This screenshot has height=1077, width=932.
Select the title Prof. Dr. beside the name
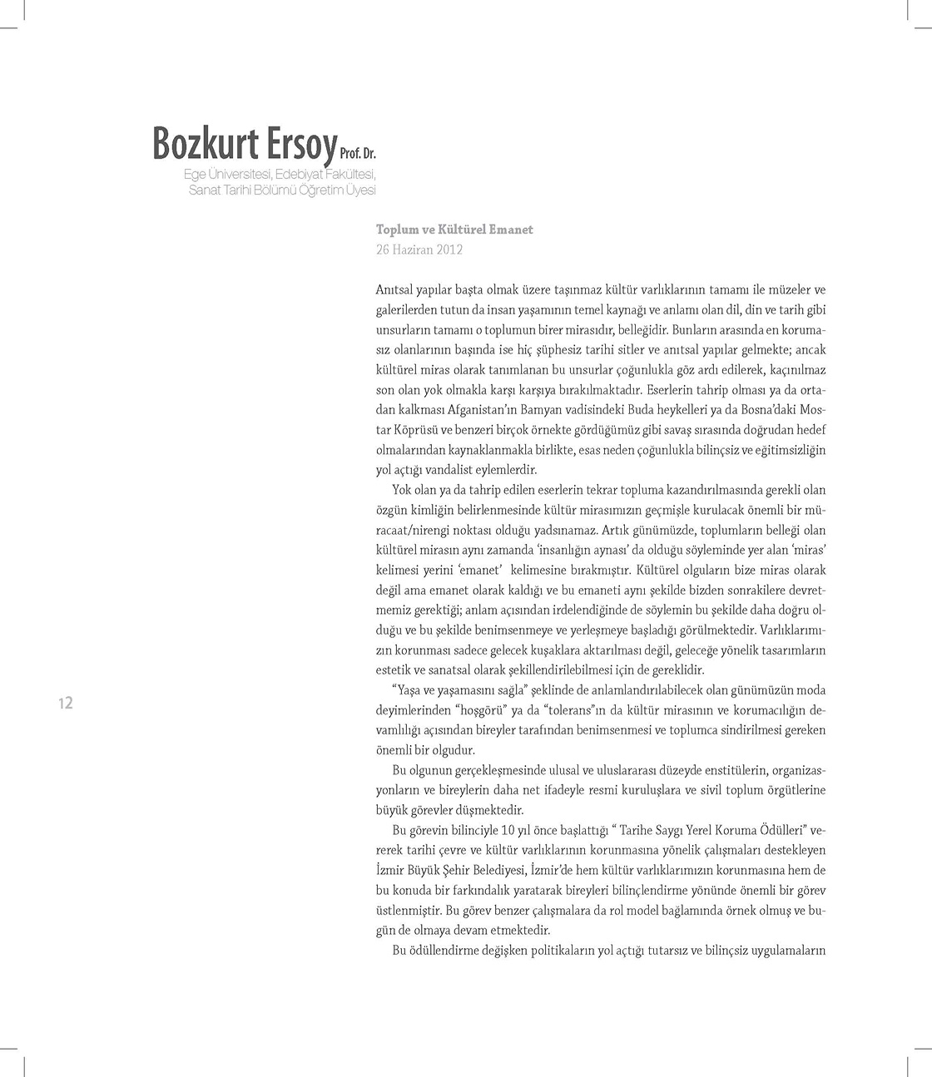pyautogui.click(x=359, y=155)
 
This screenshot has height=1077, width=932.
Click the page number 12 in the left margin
pyautogui.click(x=66, y=704)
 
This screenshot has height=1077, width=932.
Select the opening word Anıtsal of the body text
pyautogui.click(x=394, y=290)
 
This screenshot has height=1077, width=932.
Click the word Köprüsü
pyautogui.click(x=399, y=430)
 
